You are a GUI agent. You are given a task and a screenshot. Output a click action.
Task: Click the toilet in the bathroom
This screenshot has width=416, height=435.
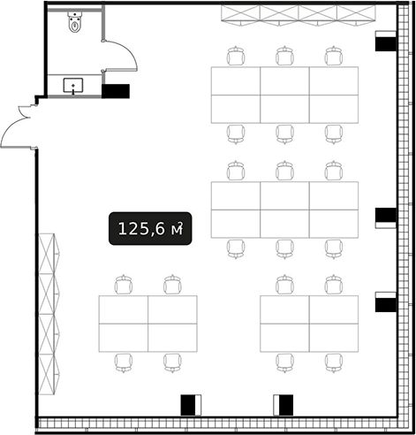click(75, 21)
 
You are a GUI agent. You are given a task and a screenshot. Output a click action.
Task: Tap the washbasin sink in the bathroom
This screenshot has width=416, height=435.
click(73, 86)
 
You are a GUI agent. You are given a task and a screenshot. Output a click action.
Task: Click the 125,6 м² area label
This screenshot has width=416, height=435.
click(150, 228)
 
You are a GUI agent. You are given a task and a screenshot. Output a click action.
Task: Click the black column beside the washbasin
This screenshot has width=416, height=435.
click(116, 91)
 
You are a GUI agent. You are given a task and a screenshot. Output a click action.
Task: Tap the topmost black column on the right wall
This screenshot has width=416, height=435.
click(386, 44)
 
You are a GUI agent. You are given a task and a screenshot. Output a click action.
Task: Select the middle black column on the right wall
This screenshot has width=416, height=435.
click(386, 215)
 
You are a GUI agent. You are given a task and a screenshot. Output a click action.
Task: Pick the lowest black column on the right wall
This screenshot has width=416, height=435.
click(386, 305)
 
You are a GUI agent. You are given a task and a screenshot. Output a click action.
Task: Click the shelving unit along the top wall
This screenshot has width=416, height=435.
click(299, 14)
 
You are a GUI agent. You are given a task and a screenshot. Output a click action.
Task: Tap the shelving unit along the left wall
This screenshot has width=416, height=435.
click(49, 314)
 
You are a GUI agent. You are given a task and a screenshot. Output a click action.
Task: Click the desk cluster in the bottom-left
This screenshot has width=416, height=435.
click(148, 324)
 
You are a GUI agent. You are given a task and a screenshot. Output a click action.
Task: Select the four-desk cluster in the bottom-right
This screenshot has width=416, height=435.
click(309, 324)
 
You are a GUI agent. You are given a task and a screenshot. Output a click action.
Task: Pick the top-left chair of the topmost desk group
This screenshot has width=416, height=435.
click(236, 56)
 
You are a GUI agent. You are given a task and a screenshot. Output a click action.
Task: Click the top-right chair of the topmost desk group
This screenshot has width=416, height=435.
click(334, 56)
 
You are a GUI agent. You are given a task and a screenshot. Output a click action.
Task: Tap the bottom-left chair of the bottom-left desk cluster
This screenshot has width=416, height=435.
click(124, 363)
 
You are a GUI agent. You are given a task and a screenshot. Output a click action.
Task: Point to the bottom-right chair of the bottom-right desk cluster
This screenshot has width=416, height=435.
click(334, 363)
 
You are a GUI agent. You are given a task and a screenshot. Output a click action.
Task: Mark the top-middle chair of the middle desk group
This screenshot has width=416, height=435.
click(285, 171)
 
